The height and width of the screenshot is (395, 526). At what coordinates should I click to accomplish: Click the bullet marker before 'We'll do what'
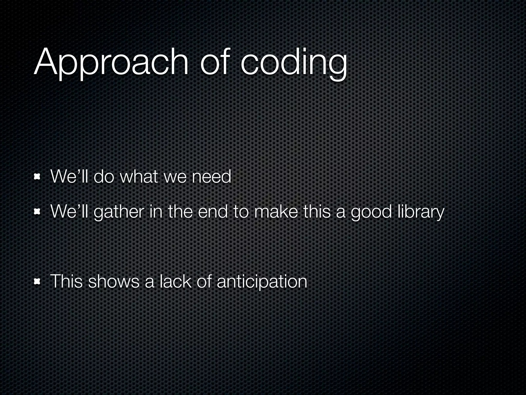click(37, 177)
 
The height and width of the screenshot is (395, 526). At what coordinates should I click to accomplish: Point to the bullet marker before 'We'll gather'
click(37, 212)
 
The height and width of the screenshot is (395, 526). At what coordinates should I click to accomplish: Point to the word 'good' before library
click(371, 212)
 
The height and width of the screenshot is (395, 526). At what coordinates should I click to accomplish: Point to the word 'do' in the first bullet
click(104, 177)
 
